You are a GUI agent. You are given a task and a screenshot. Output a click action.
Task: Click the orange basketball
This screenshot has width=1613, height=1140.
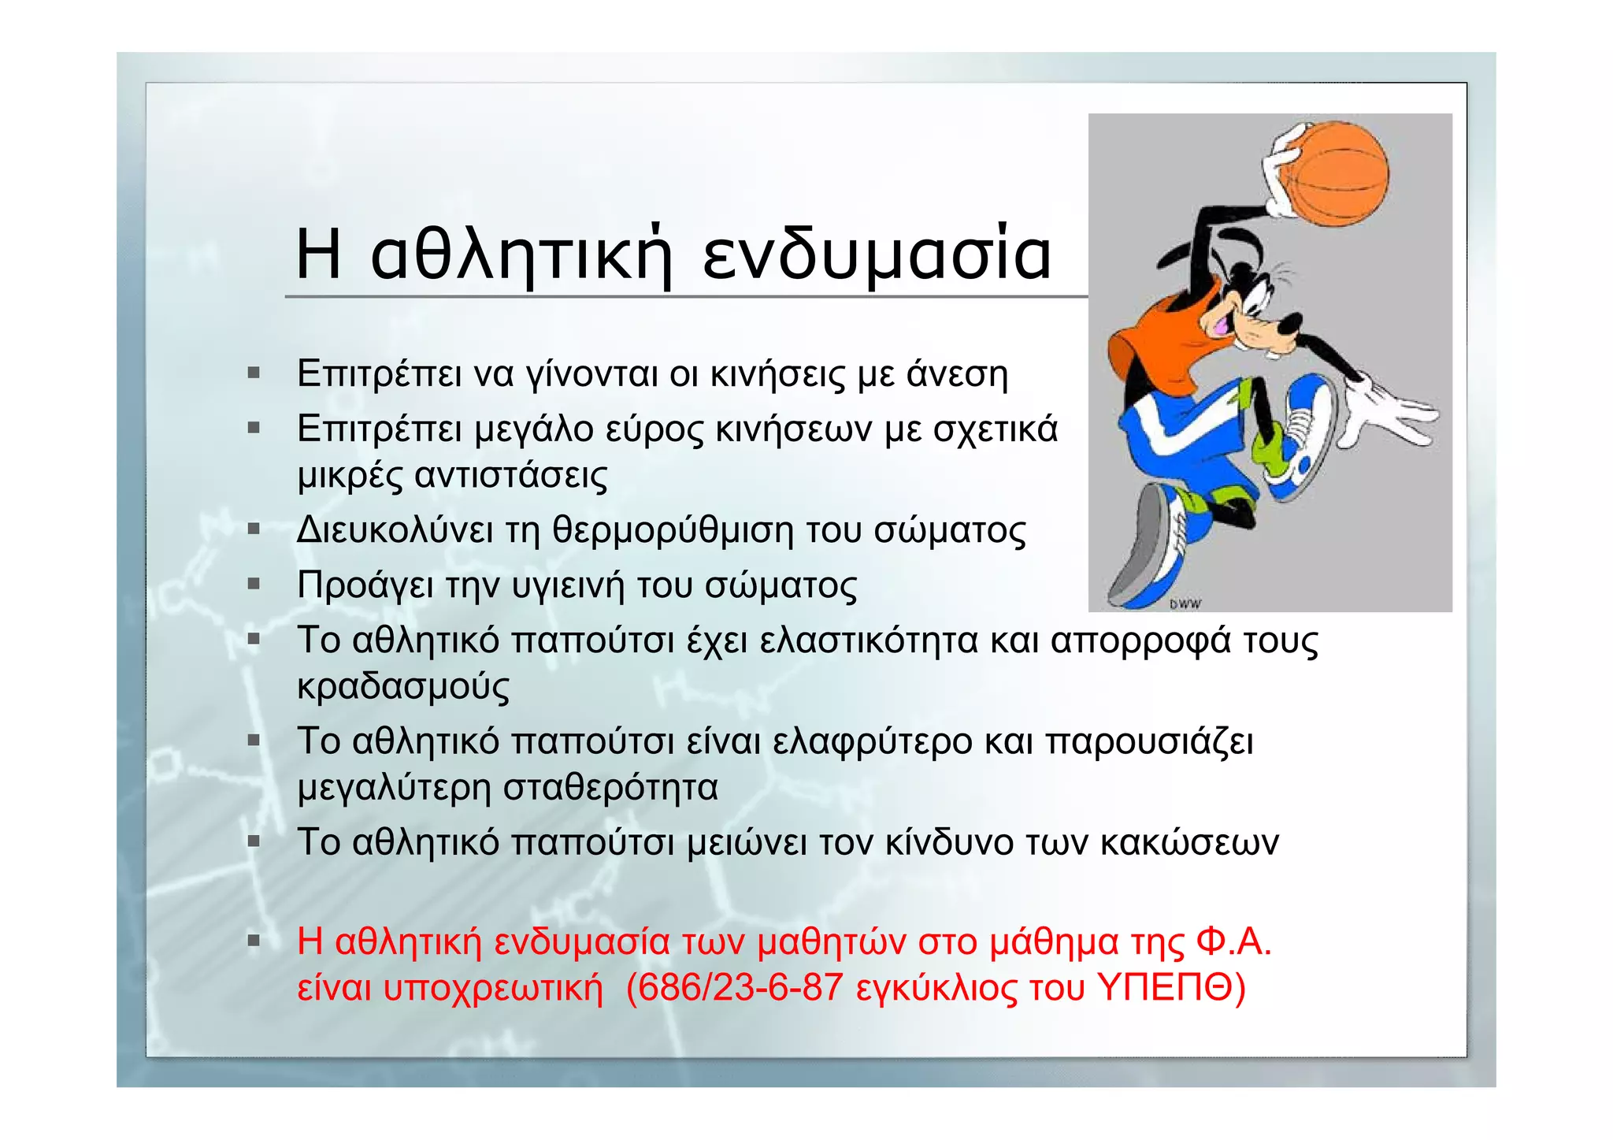(1340, 174)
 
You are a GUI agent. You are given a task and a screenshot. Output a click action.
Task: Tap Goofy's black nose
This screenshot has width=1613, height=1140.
(1289, 323)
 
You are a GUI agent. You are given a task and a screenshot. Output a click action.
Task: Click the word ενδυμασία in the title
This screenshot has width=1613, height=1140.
(877, 254)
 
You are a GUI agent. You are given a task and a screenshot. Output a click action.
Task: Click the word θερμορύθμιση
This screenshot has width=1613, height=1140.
(673, 530)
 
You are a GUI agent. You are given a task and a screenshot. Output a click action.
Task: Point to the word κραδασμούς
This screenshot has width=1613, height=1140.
(403, 686)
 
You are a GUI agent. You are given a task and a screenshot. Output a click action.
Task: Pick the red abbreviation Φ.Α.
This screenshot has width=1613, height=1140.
(1233, 941)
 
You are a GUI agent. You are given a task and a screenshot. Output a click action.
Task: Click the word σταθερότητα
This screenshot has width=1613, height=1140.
(610, 787)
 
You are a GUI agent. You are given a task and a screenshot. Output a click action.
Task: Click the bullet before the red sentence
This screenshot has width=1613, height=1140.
(254, 941)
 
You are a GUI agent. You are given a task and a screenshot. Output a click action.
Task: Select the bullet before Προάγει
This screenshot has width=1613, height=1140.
(254, 585)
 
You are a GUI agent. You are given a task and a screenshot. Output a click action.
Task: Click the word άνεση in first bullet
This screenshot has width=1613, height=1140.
(956, 373)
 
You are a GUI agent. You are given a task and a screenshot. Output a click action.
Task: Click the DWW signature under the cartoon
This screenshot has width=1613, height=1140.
(1185, 604)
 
